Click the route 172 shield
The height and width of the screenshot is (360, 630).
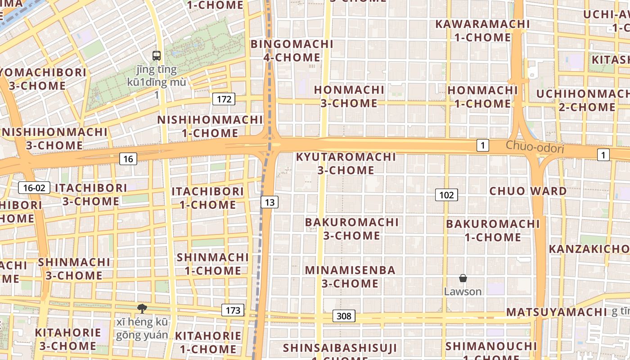click(224, 99)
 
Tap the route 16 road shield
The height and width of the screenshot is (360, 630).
click(128, 158)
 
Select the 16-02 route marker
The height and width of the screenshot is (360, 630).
click(34, 188)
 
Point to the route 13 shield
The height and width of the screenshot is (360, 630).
click(270, 202)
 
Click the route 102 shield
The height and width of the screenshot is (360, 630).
click(446, 195)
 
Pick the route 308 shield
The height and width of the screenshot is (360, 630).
click(344, 316)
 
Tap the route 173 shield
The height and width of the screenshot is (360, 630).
click(233, 310)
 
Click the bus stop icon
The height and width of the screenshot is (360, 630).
click(157, 56)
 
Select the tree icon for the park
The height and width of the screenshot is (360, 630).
click(142, 308)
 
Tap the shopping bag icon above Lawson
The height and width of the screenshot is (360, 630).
click(463, 279)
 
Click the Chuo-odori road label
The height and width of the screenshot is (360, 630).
click(535, 147)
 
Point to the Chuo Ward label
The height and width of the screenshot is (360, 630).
click(528, 191)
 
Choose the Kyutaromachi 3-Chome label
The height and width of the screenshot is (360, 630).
click(346, 163)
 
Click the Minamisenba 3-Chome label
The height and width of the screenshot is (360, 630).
click(350, 277)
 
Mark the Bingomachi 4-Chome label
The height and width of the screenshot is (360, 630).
click(292, 51)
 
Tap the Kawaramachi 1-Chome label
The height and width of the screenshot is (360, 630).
click(482, 31)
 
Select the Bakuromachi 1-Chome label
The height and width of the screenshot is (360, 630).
click(493, 230)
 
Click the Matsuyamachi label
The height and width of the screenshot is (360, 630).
click(557, 312)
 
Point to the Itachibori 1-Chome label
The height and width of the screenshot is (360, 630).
click(208, 198)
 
